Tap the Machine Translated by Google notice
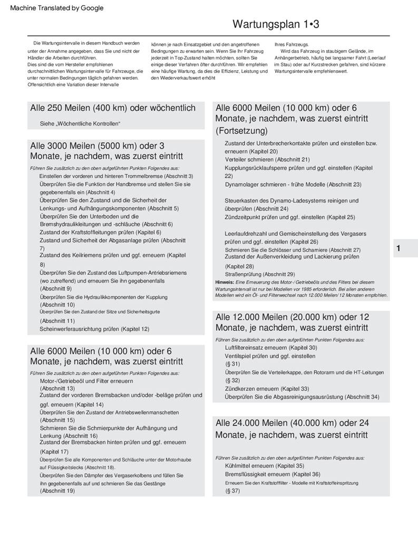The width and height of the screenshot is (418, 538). click(57, 8)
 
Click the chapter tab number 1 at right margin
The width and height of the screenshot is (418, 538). click(398, 248)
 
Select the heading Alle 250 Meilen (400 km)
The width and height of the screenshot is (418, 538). click(113, 108)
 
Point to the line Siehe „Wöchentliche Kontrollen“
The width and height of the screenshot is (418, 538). click(80, 123)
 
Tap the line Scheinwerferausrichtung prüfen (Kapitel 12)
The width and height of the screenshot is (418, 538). click(94, 329)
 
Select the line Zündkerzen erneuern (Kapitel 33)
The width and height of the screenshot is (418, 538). click(267, 389)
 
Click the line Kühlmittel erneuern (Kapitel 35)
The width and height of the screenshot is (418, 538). click(264, 466)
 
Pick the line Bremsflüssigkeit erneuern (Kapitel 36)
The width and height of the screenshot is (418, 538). click(273, 474)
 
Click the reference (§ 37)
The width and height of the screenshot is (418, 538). click(232, 491)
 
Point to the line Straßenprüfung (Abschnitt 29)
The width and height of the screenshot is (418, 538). click(260, 274)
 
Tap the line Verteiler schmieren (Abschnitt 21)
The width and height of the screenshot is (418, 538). click(267, 159)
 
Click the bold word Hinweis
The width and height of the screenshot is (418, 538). click(225, 282)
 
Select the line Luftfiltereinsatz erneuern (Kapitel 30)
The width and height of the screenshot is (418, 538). click(271, 348)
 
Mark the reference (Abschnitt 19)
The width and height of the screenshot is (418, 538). click(57, 491)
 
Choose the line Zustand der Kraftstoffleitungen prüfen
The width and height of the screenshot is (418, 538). click(100, 232)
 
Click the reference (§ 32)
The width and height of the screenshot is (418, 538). click(232, 380)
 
